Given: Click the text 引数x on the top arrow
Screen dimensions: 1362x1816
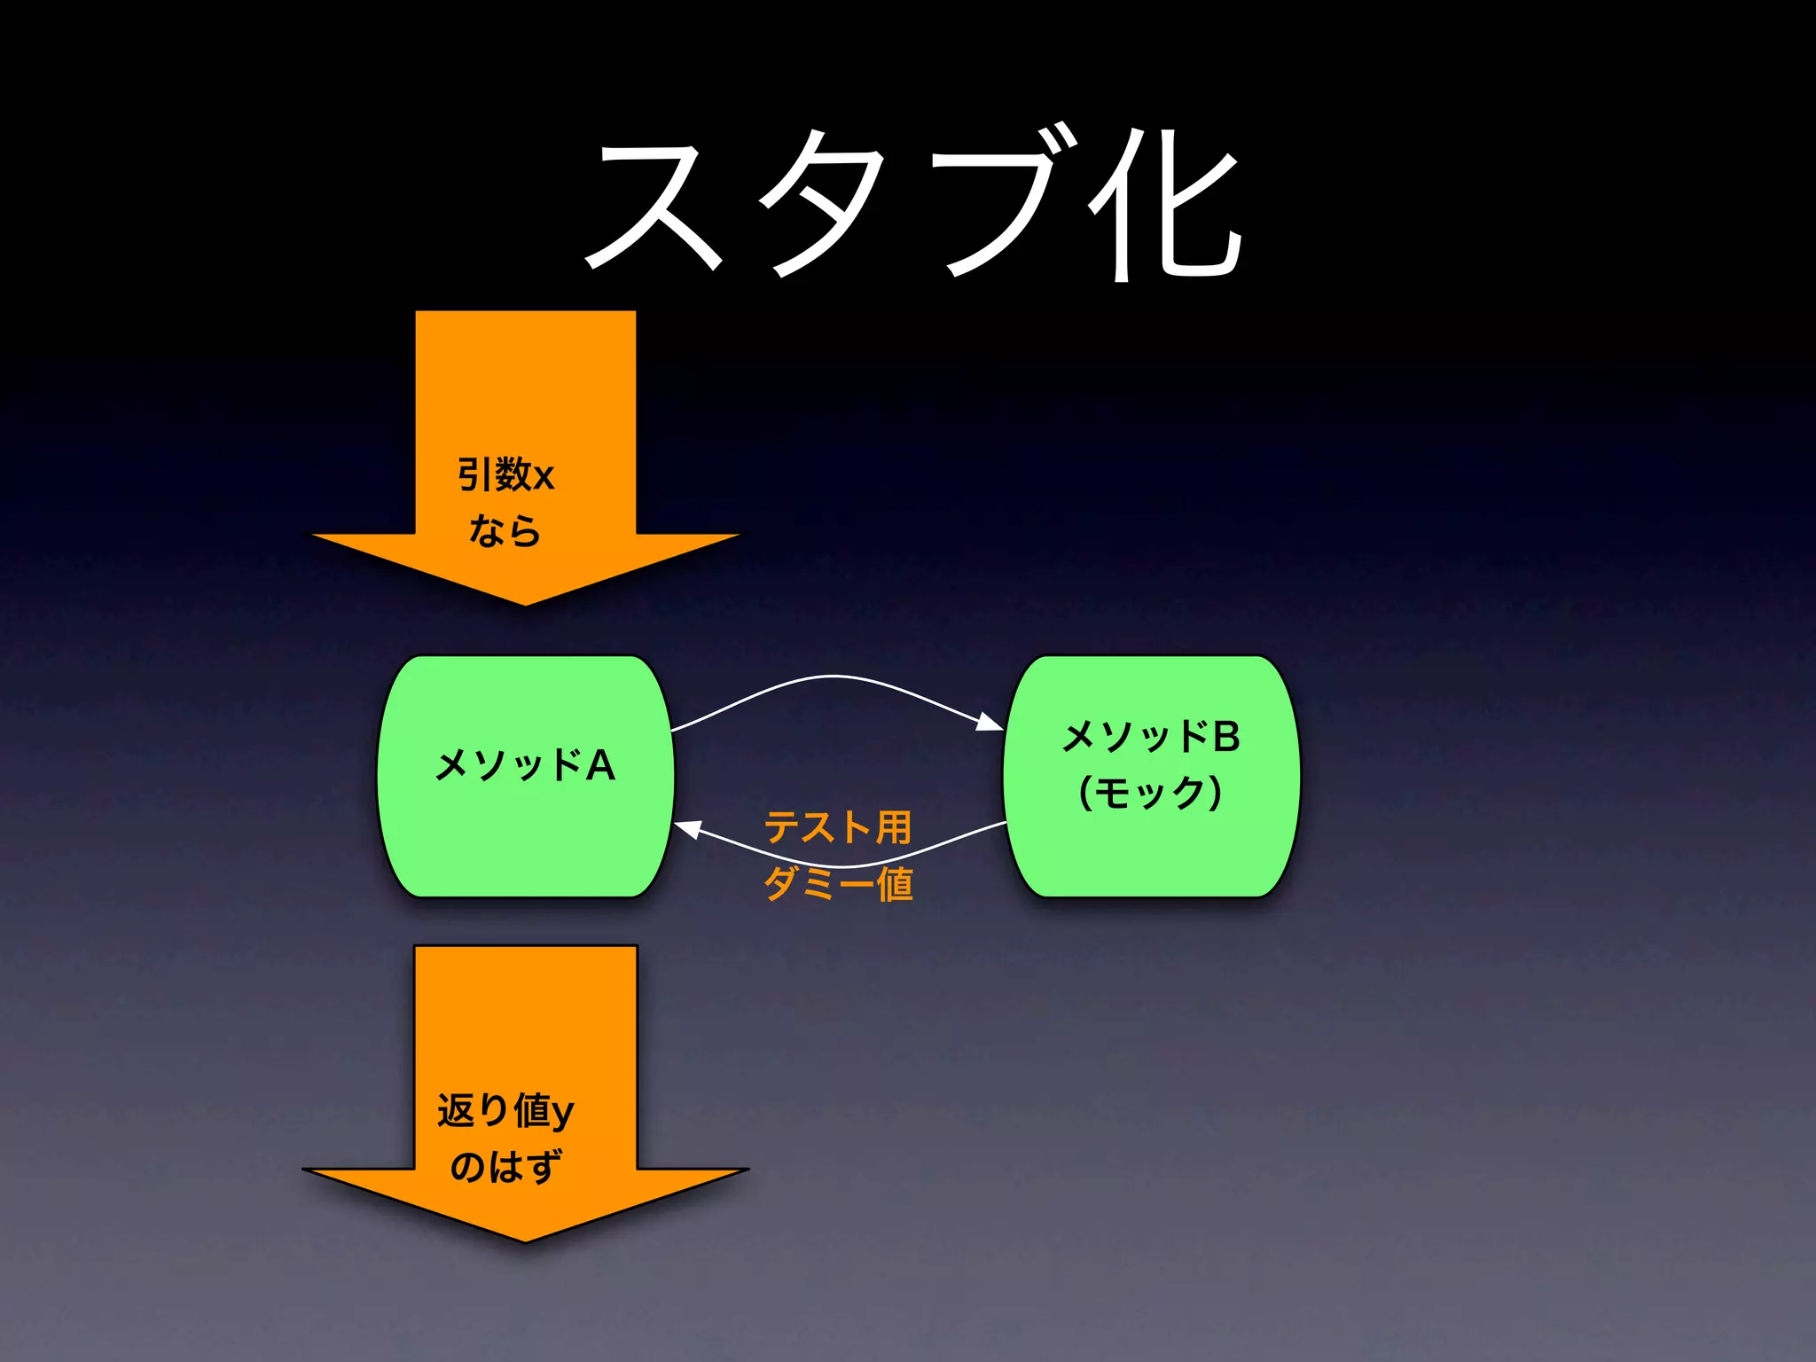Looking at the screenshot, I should [x=505, y=474].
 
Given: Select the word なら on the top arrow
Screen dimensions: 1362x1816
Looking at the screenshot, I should [x=505, y=530].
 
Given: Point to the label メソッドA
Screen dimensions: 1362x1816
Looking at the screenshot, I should [x=525, y=764].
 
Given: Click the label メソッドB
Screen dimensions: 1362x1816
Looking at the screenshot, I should [x=1151, y=736].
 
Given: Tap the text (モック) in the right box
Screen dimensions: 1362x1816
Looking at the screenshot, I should [x=1151, y=792].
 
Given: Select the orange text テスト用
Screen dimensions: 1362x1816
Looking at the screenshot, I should [x=837, y=826].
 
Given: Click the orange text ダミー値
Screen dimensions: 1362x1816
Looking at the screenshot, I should [x=838, y=883].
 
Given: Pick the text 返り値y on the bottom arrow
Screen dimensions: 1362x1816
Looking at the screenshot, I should [x=505, y=1110].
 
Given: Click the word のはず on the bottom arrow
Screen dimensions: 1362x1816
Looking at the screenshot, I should [x=505, y=1166].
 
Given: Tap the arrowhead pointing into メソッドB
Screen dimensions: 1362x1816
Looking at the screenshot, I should [x=990, y=724].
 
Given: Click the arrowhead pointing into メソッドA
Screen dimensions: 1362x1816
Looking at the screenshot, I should [x=688, y=829].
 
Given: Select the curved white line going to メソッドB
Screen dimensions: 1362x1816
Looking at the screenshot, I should [x=834, y=677].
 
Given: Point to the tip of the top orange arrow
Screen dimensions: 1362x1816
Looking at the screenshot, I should [x=525, y=603].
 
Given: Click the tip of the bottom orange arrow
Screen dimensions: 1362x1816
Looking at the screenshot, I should [x=525, y=1240].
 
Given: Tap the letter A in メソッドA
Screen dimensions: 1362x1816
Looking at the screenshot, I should [x=600, y=765].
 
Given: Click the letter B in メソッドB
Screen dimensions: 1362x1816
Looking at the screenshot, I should [x=1226, y=737].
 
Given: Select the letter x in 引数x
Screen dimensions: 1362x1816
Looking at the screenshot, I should [x=544, y=477].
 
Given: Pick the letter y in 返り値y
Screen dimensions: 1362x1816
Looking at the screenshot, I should [x=562, y=1114].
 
